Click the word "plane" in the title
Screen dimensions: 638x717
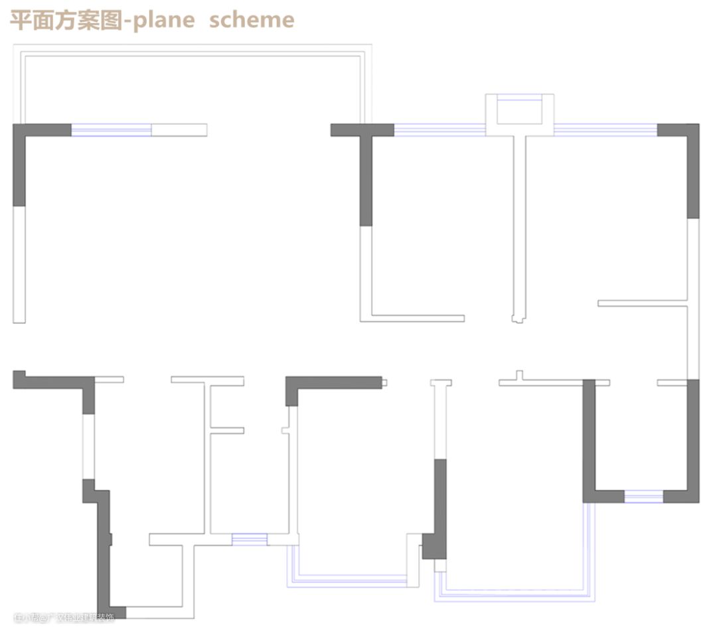[163, 20]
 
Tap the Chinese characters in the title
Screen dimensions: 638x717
[66, 20]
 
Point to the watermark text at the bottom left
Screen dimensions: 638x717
[64, 618]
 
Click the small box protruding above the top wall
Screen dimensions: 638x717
[519, 114]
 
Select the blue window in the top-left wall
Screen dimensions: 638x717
[111, 130]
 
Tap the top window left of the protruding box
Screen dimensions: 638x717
[439, 130]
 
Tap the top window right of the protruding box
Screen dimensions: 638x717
[605, 130]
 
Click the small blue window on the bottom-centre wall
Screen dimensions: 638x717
[249, 539]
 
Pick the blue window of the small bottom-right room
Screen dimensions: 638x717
[643, 496]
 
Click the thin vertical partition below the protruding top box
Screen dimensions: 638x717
[520, 226]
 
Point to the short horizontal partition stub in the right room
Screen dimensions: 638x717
[641, 303]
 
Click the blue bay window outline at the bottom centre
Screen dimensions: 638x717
[352, 582]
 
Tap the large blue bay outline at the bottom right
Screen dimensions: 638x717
[518, 594]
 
